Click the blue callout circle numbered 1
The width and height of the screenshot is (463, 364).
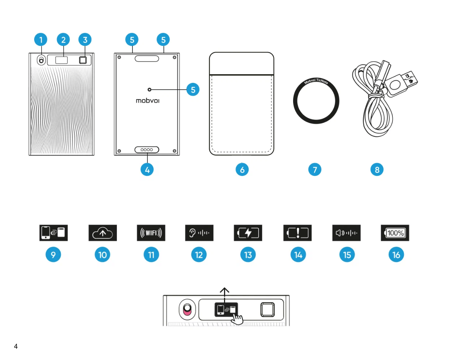coord(41,39)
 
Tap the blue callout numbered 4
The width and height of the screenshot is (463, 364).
coord(147,170)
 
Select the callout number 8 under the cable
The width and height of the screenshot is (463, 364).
coord(377,170)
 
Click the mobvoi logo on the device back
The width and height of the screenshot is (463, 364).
coord(147,101)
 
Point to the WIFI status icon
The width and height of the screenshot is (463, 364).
coord(151,233)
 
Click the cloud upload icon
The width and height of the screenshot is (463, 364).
coord(103,233)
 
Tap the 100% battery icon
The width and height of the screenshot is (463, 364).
coord(395,233)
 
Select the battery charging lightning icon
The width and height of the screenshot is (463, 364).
coord(248,233)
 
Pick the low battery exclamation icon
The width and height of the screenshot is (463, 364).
coord(297,233)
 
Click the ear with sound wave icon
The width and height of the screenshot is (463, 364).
coord(199,233)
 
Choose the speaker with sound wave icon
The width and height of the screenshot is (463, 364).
coord(346,233)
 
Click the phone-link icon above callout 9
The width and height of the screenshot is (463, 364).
coord(53,232)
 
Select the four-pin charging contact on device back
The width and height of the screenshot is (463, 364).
coord(147,150)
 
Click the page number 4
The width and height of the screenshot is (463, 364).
coord(16,346)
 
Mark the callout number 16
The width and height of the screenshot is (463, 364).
coord(396,255)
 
